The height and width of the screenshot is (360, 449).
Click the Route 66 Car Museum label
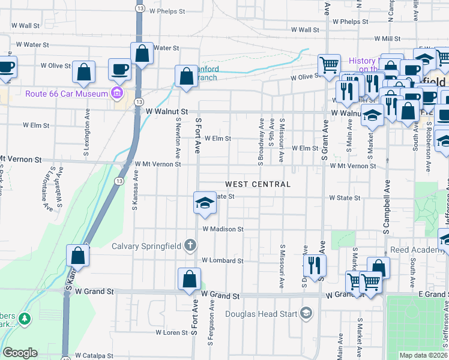[65, 93]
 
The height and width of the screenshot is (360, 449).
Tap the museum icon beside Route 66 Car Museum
[116, 93]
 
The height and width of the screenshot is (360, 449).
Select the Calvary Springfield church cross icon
[190, 245]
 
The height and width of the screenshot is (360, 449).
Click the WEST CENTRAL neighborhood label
[258, 184]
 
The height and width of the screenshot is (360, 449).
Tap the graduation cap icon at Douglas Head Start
[306, 313]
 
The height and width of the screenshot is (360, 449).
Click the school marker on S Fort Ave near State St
[204, 204]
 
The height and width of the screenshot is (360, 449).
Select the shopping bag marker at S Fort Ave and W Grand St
[189, 280]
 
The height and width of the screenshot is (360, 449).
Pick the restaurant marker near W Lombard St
[314, 265]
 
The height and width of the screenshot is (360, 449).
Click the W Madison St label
[223, 229]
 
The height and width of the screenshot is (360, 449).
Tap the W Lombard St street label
[222, 260]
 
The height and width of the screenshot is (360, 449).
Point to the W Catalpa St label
[94, 356]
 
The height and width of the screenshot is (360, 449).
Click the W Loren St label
[172, 332]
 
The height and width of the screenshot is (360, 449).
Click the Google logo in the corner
[20, 353]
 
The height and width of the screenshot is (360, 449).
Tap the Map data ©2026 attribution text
[423, 355]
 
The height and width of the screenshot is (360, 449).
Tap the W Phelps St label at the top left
[166, 11]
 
